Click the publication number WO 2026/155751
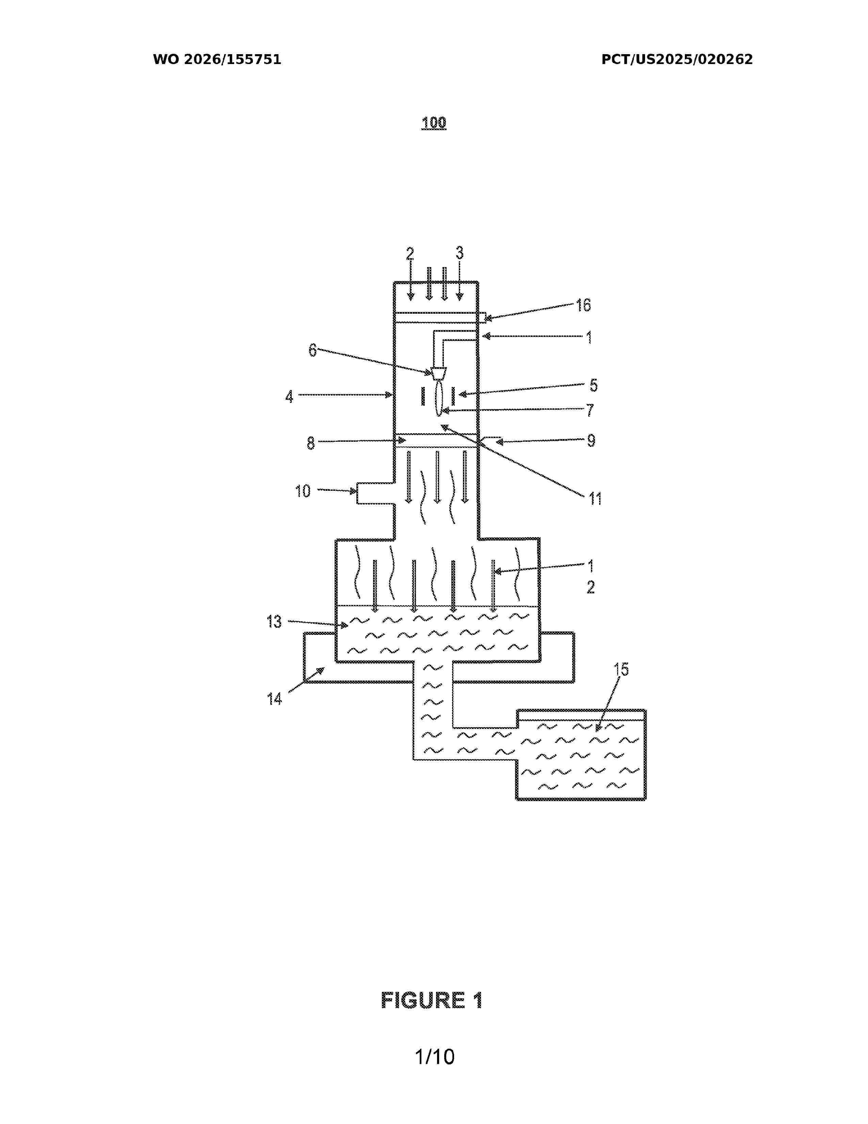click(x=217, y=60)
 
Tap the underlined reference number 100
click(x=433, y=123)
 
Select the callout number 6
click(x=312, y=350)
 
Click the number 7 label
click(x=590, y=410)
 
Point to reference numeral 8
click(x=310, y=443)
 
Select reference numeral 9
click(x=591, y=441)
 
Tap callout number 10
click(x=303, y=491)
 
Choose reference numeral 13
click(x=274, y=622)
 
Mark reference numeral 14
click(x=274, y=699)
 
